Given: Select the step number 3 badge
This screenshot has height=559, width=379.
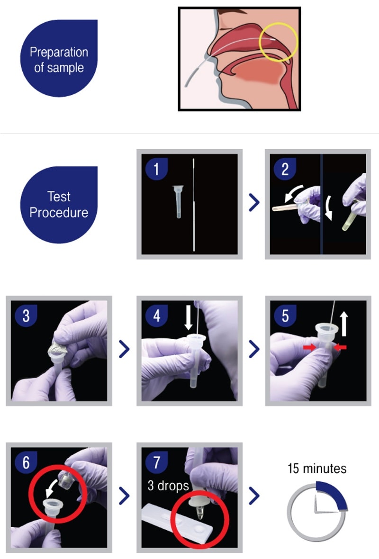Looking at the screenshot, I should point(26,316).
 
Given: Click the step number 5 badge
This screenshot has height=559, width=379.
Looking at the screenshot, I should point(285,316).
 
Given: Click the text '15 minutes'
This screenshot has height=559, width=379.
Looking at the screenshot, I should point(317,469).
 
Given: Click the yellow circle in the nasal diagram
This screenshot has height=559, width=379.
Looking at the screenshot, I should point(278,41).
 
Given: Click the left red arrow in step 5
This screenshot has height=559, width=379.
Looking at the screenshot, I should point(309,348).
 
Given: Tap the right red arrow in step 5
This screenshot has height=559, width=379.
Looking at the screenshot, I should point(340,347).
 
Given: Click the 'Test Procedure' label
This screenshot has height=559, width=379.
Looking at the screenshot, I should point(59,204).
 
